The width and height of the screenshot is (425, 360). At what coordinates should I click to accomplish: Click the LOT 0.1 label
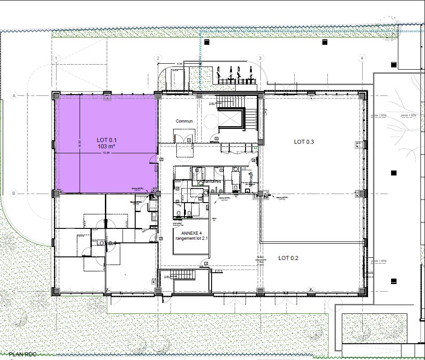(x=107, y=140)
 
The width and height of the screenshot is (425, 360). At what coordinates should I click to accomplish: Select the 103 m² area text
(x=107, y=147)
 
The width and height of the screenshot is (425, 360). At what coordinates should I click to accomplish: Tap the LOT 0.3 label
(x=304, y=142)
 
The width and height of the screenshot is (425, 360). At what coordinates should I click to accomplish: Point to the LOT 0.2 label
(x=288, y=258)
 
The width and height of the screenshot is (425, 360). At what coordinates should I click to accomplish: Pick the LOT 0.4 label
(x=107, y=243)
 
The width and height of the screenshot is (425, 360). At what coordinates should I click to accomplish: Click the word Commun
(x=184, y=121)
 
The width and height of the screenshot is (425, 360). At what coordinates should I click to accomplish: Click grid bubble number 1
(x=57, y=58)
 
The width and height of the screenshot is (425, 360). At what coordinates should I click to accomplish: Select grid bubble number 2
(x=158, y=58)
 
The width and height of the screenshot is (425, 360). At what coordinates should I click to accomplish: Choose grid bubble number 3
(x=260, y=58)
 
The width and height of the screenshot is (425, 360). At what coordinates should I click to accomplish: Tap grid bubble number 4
(x=362, y=58)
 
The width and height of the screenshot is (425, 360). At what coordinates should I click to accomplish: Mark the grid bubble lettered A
(x=14, y=96)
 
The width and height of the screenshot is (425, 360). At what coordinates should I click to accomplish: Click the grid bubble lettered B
(x=14, y=194)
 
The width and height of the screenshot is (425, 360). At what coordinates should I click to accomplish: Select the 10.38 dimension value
(x=106, y=153)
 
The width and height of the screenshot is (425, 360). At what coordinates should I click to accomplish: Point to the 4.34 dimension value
(x=179, y=64)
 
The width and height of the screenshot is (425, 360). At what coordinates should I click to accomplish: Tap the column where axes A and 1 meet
(x=56, y=96)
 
